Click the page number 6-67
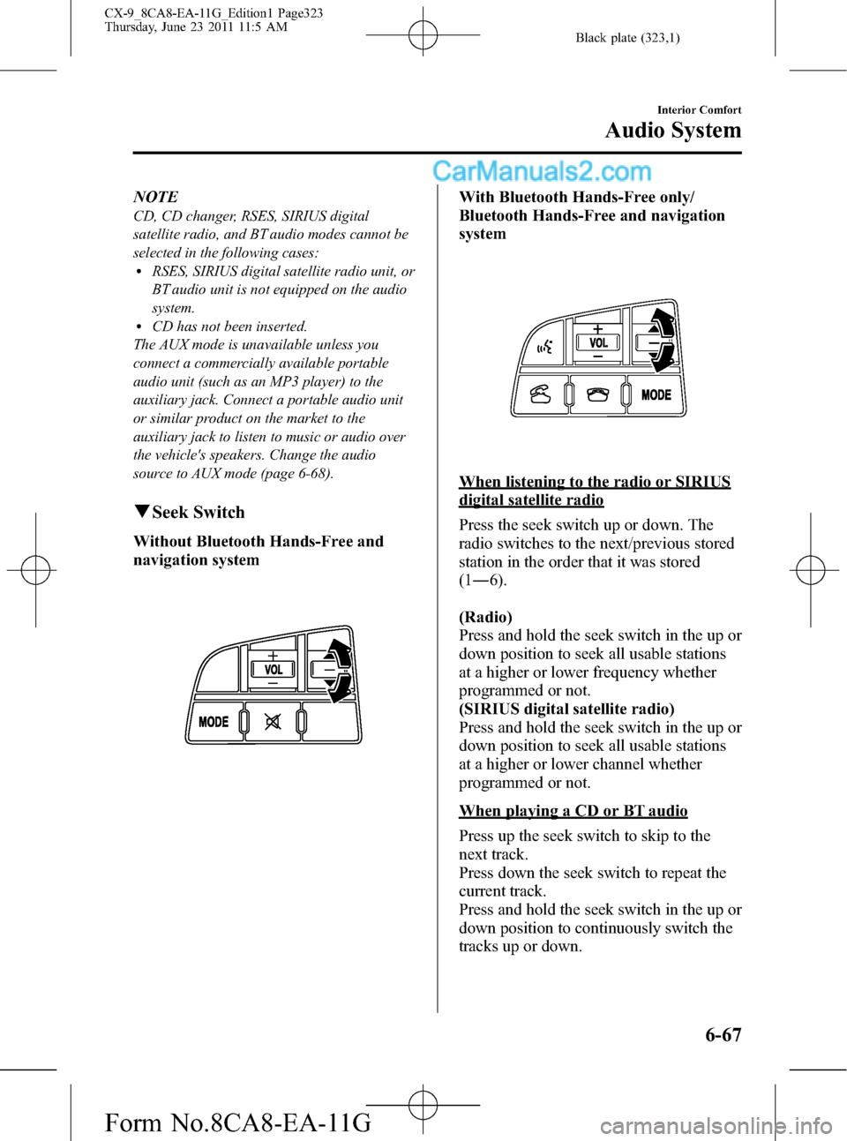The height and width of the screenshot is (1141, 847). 723,1034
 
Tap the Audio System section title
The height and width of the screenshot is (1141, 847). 673,131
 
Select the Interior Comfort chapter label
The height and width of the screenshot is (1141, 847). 700,109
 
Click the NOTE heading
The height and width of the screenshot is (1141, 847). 155,197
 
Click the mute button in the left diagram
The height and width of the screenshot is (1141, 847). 273,723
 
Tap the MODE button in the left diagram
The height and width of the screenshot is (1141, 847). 214,722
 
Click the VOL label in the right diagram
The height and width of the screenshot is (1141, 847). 598,343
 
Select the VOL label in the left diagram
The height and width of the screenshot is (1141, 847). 274,670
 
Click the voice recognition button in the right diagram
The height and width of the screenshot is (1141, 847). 543,349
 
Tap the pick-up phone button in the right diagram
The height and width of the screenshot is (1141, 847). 540,395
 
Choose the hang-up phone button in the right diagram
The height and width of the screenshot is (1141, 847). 598,395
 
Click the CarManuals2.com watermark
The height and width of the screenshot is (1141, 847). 542,172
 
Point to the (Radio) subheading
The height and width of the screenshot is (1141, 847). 485,617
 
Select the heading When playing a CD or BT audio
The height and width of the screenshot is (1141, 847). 573,811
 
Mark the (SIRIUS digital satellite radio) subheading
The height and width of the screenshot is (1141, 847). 566,709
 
